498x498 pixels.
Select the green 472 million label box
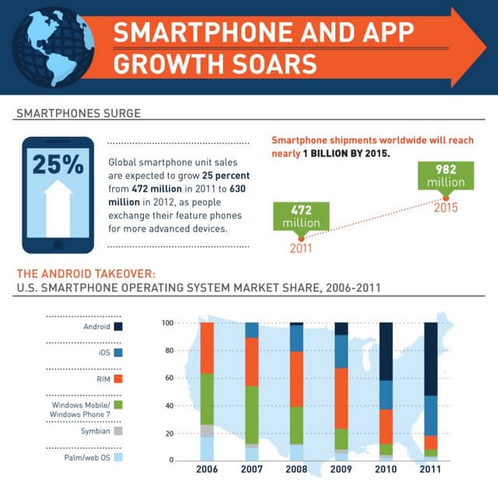(x=296, y=216)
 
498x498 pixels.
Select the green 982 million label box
(x=446, y=175)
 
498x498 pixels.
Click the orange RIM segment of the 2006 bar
(x=207, y=348)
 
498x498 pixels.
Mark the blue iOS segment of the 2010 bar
(x=386, y=395)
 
